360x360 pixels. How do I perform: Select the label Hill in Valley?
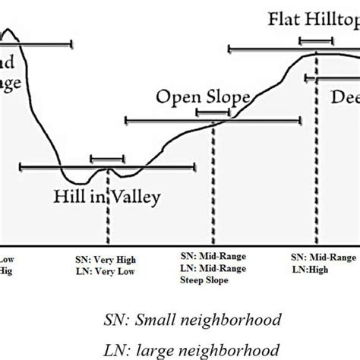pos(107,198)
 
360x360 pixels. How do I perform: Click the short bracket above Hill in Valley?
pos(107,159)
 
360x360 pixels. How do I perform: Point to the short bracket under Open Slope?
pos(213,112)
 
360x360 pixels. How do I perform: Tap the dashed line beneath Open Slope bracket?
pos(213,182)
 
